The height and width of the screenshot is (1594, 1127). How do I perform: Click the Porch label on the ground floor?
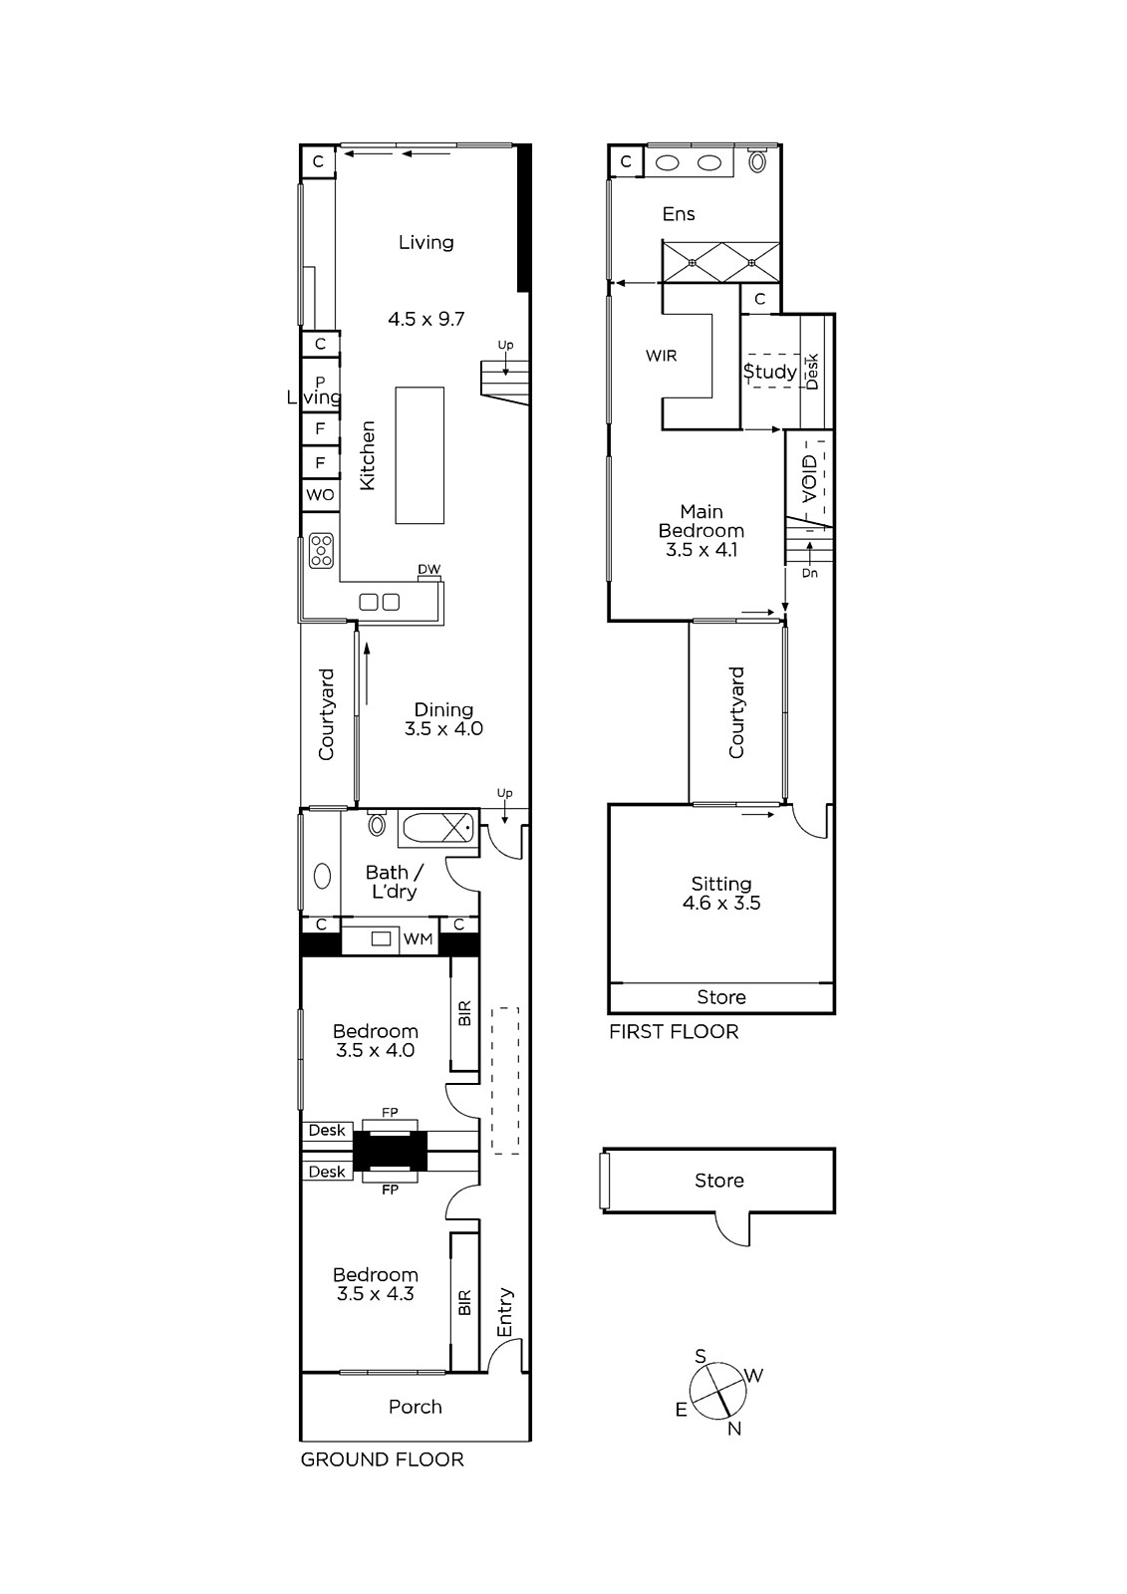[x=416, y=1407]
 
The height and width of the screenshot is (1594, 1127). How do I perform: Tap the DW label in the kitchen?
[x=428, y=569]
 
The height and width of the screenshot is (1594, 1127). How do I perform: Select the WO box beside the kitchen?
[x=321, y=494]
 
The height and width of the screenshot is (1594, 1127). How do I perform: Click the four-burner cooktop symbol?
[x=321, y=551]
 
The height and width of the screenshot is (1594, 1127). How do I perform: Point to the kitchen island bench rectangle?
[x=421, y=455]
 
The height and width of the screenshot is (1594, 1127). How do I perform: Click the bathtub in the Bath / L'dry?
[x=437, y=828]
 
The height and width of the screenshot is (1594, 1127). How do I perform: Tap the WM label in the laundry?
[x=418, y=939]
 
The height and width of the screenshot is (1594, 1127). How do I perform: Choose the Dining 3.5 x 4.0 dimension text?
[x=443, y=728]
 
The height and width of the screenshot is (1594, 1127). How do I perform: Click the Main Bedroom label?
[x=702, y=521]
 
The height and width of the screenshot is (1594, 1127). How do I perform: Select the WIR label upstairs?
[x=662, y=356]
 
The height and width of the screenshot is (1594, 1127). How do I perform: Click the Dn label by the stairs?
[x=809, y=573]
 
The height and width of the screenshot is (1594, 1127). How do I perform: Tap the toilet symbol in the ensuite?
[x=757, y=160]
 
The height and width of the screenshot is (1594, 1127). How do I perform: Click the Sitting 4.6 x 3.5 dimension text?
[x=721, y=903]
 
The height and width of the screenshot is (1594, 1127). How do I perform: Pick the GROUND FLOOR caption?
[x=383, y=1461]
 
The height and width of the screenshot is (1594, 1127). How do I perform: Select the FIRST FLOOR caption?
[x=674, y=1032]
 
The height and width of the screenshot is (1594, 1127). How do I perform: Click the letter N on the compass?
[x=734, y=1429]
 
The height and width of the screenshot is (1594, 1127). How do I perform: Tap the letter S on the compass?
[x=701, y=1356]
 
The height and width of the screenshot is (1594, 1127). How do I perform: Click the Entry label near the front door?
[x=505, y=1312]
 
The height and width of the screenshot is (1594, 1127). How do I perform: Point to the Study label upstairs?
[x=769, y=372]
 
